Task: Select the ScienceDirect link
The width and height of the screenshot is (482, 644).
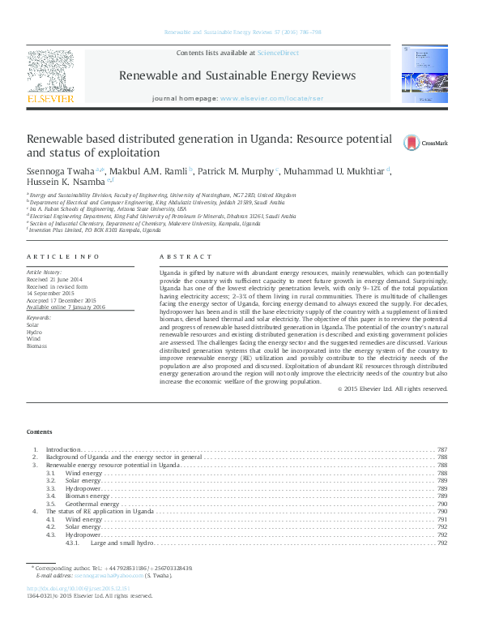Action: coord(277,53)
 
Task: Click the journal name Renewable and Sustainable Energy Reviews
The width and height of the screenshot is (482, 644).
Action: coord(237,75)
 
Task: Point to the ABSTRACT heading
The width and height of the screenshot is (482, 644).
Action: coord(180,255)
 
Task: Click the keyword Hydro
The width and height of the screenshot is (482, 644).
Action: coord(34,333)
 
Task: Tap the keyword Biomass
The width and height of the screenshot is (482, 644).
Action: coord(37,346)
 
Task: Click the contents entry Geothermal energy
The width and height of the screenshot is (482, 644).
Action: coord(92,504)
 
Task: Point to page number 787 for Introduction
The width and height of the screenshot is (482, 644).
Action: coord(442,449)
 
